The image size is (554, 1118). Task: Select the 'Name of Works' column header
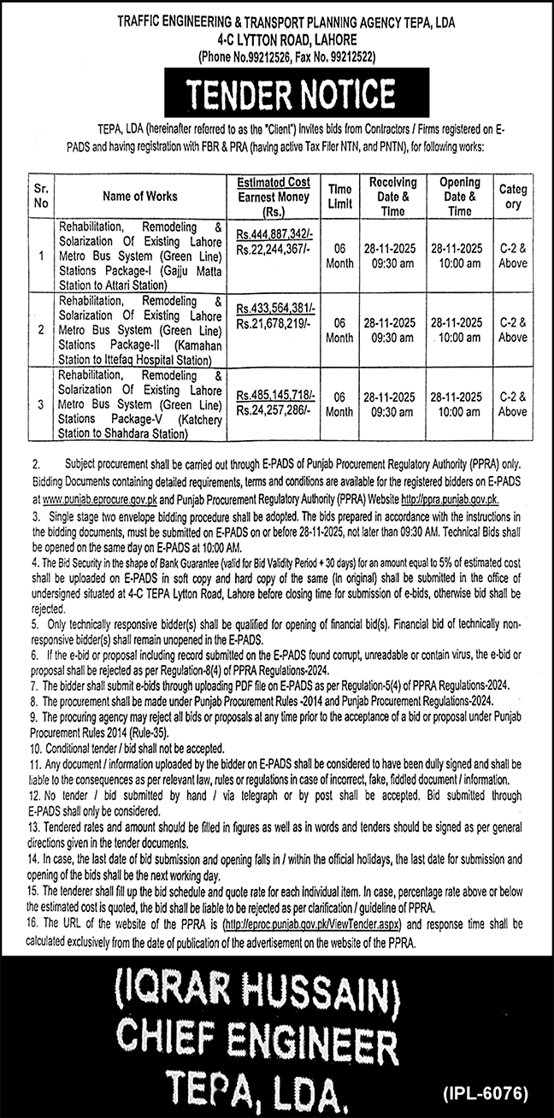(x=140, y=196)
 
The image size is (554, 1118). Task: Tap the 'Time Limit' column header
(x=339, y=196)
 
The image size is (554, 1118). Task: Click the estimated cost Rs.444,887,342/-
(x=276, y=235)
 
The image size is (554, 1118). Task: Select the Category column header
(x=513, y=196)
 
